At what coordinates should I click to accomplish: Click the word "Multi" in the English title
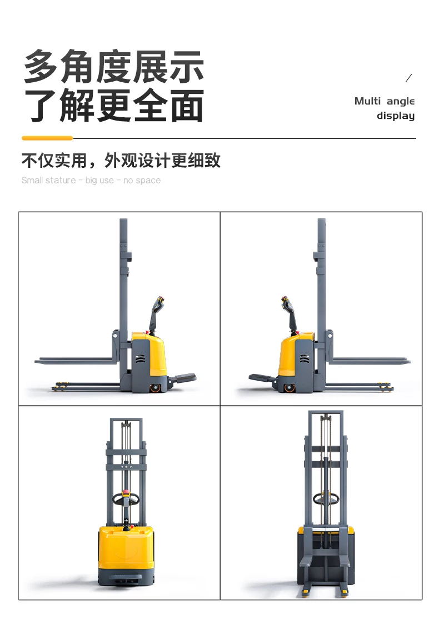coord(367,101)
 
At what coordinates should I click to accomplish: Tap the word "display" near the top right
coord(396,116)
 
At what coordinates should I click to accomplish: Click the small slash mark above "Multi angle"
coord(409,78)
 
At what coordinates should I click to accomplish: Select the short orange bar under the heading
coord(47,138)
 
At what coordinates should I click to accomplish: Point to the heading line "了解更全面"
coord(114,106)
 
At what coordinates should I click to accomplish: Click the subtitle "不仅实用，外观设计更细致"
coord(121,161)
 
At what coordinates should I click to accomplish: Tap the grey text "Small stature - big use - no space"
coord(91,181)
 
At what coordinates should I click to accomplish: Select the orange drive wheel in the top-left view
coord(156,387)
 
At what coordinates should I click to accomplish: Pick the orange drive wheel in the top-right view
coord(290,388)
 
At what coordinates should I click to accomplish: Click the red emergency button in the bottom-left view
coord(126,493)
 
